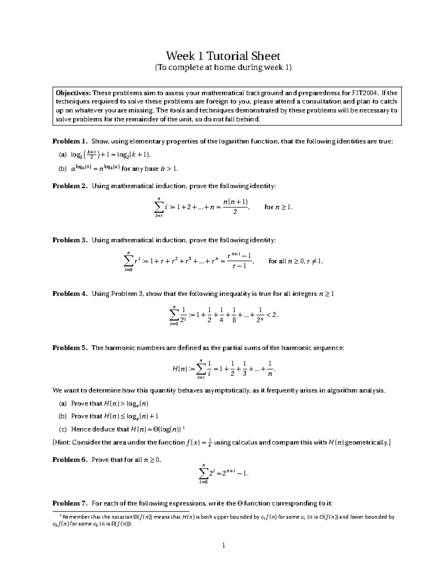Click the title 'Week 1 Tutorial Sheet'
point(223,56)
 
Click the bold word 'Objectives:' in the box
point(73,93)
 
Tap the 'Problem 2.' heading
point(70,186)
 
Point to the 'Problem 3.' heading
point(70,240)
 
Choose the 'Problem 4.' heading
point(70,294)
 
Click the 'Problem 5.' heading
point(70,348)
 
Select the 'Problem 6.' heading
point(70,460)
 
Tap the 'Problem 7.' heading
point(70,503)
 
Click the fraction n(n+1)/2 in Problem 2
point(235,207)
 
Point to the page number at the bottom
point(223,546)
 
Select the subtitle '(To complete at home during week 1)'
point(223,67)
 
